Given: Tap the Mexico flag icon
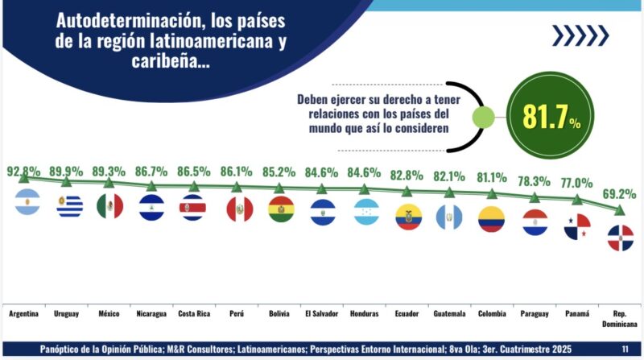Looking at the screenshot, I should tap(109, 205).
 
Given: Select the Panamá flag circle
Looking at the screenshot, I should tap(577, 227).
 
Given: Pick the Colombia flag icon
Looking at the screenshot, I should tap(491, 219).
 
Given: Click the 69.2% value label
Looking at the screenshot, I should tap(619, 194).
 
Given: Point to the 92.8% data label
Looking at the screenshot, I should tap(23, 172).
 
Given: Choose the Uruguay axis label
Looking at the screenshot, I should tap(66, 314).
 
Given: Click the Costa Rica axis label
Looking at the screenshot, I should tap(194, 314).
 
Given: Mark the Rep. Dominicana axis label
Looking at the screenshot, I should tap(620, 319).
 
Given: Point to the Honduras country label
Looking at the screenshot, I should tap(365, 314).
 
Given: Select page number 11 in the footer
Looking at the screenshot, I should tap(625, 349).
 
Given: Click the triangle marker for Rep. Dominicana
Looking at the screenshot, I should tap(619, 210).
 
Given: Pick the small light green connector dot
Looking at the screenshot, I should tap(483, 118).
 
